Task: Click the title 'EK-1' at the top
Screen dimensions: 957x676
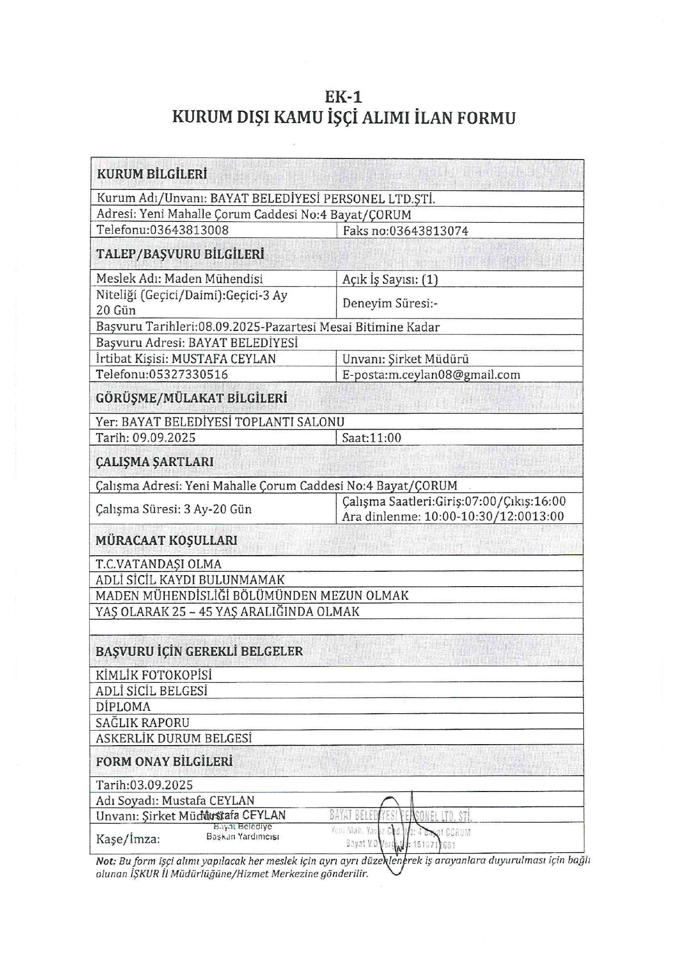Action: click(x=343, y=96)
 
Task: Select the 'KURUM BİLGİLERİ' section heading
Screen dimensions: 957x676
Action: click(x=151, y=174)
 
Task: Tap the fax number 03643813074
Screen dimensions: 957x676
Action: click(x=428, y=231)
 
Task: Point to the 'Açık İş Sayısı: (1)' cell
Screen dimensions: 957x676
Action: click(x=390, y=279)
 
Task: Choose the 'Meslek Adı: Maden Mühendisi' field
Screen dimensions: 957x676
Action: click(x=179, y=279)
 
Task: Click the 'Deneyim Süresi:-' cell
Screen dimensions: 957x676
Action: click(x=390, y=304)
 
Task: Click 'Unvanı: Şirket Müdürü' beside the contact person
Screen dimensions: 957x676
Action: click(x=406, y=359)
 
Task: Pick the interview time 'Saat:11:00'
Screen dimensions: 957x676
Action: click(x=372, y=438)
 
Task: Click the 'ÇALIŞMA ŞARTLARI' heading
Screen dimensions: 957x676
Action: click(x=154, y=462)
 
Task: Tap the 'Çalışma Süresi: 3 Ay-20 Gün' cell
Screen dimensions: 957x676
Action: click(x=173, y=509)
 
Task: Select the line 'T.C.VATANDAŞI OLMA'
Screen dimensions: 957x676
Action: click(x=158, y=564)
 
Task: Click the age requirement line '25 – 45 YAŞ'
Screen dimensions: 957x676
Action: click(x=227, y=612)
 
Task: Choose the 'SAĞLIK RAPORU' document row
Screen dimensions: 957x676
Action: click(x=142, y=723)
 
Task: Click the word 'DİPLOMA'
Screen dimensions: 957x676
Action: click(x=123, y=707)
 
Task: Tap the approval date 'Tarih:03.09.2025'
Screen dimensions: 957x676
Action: click(x=144, y=785)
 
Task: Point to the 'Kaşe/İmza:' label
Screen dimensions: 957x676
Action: click(x=128, y=839)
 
